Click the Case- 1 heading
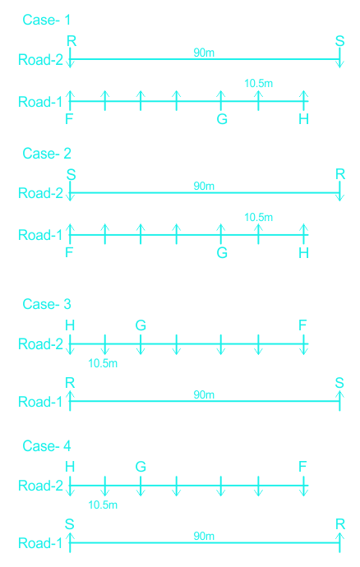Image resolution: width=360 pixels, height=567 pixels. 46,20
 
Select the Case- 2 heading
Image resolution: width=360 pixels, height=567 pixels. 46,154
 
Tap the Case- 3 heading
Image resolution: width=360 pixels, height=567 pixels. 46,304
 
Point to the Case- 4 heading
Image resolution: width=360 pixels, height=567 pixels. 46,446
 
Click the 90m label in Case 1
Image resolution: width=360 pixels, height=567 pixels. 204,53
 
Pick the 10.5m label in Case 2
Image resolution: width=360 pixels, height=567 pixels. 258,217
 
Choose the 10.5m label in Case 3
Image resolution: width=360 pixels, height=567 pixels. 103,363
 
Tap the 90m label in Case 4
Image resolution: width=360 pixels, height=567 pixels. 204,536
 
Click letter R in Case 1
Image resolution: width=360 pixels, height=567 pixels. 72,41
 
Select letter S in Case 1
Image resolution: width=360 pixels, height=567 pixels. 339,41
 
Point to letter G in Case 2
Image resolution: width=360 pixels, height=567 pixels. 222,252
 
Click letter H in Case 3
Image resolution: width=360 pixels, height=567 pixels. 70,325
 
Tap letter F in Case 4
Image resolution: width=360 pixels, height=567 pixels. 302,467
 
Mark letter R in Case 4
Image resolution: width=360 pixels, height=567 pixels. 340,524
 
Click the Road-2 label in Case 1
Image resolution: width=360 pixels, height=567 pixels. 40,60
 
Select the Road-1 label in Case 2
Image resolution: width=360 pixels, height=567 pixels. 40,235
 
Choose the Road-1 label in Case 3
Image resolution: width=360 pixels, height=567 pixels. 40,402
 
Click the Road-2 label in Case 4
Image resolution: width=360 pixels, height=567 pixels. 40,486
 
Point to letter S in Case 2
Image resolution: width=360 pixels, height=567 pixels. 71,175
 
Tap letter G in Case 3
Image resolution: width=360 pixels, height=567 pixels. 141,325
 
